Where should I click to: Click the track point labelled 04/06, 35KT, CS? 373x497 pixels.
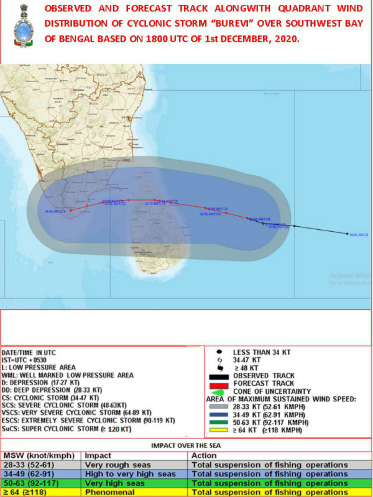point(71,211)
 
